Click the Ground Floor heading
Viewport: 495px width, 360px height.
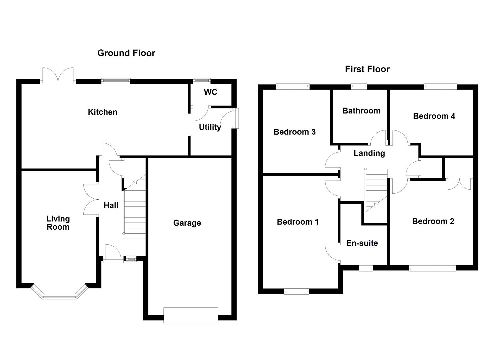[x=126, y=53]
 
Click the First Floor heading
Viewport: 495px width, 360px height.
[x=367, y=69]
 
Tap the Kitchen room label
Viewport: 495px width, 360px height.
[x=103, y=112]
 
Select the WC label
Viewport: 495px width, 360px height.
[x=210, y=92]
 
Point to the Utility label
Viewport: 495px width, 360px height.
[x=210, y=127]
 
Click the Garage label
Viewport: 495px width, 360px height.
[x=187, y=223]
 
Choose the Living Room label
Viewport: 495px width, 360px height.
[x=58, y=223]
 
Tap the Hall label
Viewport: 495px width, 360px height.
[x=111, y=205]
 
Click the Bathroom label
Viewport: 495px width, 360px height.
[x=361, y=110]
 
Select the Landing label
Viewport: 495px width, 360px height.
[x=369, y=153]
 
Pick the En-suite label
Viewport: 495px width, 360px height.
[x=362, y=243]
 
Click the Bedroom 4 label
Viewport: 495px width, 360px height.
[x=434, y=116]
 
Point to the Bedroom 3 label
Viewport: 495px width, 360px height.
[x=295, y=132]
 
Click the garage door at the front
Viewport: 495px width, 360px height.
[x=191, y=315]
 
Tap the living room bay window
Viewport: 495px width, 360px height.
[x=59, y=291]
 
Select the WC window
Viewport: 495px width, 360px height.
[x=202, y=81]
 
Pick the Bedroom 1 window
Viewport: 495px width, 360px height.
[x=296, y=291]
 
